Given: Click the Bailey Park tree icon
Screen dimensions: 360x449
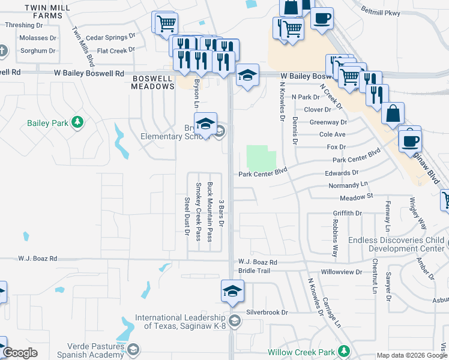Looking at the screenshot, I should [x=77, y=122].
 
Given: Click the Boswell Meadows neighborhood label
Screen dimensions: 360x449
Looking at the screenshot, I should [x=152, y=82].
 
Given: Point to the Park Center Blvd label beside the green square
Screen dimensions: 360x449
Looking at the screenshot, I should [x=263, y=175].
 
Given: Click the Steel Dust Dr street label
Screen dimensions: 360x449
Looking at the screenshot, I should [x=187, y=215].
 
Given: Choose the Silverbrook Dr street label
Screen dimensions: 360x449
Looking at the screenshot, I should [x=268, y=313].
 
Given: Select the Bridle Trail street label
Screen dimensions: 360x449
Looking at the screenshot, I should [x=255, y=271].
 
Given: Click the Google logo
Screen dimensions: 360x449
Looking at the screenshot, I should [x=20, y=353].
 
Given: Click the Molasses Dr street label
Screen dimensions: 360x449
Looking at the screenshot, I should [x=36, y=37].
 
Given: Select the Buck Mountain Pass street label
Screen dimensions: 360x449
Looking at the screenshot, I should [x=209, y=212].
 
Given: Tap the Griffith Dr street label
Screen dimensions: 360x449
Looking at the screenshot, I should [x=348, y=213].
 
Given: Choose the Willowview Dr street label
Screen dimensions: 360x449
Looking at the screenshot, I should [x=342, y=272].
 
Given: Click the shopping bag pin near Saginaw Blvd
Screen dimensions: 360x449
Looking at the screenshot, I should [x=393, y=114].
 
